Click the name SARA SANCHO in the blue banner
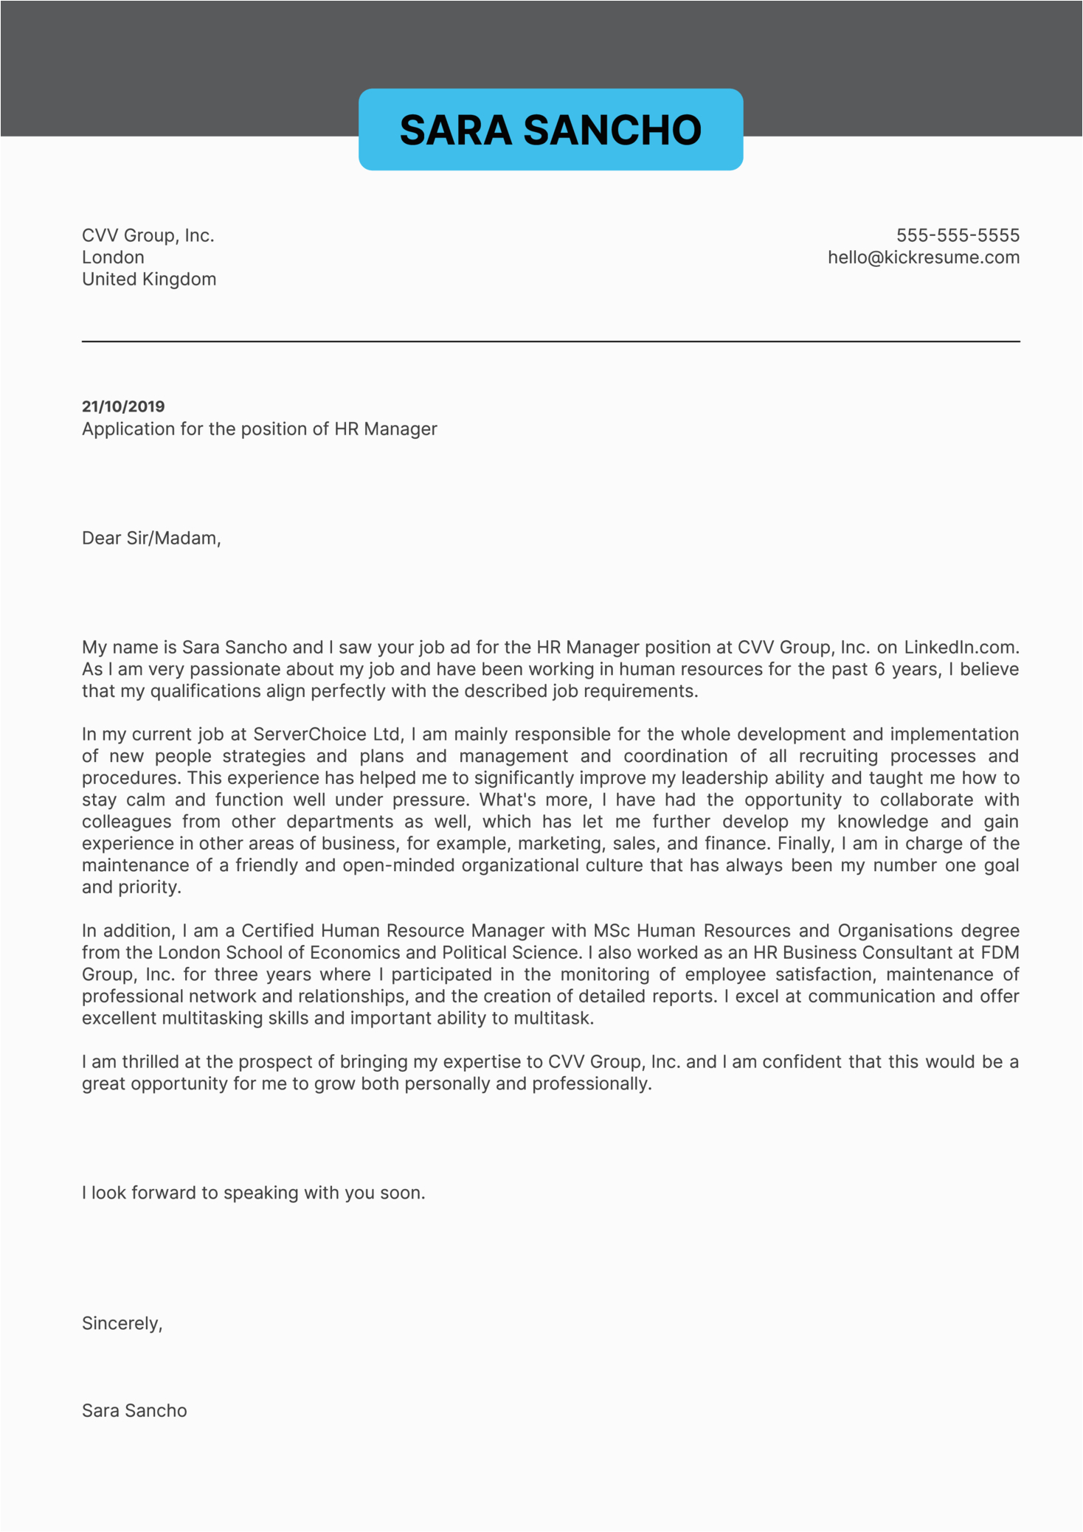[550, 131]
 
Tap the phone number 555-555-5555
[957, 235]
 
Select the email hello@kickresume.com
[923, 257]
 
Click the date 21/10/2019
[123, 406]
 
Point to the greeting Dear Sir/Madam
[151, 538]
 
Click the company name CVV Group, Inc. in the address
[148, 235]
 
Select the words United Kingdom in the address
[149, 280]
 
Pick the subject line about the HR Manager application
[259, 429]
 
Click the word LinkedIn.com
[961, 648]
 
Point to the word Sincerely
[122, 1323]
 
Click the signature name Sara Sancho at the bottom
[134, 1410]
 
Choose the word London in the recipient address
[113, 257]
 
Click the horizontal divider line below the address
[550, 342]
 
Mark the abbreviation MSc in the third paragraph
[612, 931]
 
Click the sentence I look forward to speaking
[253, 1193]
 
